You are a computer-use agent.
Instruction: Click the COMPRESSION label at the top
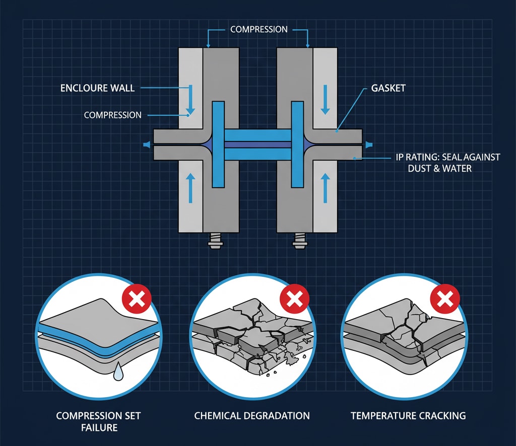click(x=259, y=30)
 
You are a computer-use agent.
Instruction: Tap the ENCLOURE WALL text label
click(x=97, y=88)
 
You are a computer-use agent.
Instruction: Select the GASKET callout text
click(x=388, y=88)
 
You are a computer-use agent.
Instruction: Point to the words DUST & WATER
click(x=440, y=168)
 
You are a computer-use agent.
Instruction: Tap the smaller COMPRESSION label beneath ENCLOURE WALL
click(x=112, y=115)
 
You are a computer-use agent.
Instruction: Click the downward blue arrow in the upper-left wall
click(x=191, y=99)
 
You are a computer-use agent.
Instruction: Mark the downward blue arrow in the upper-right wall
click(x=326, y=99)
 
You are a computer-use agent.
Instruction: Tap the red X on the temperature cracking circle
click(x=444, y=301)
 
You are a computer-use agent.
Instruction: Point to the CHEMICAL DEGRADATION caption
click(x=252, y=416)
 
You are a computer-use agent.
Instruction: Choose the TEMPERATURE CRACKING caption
click(x=408, y=416)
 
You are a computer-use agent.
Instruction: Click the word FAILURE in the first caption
click(x=98, y=427)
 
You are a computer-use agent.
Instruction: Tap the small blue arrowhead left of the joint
click(x=146, y=145)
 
